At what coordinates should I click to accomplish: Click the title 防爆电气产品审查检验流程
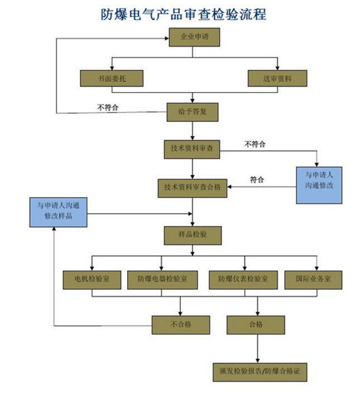(x=183, y=14)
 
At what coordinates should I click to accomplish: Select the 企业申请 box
(x=193, y=37)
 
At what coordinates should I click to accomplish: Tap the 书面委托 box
(x=112, y=78)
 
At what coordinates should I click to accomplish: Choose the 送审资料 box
(x=277, y=78)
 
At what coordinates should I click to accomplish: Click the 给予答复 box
(x=193, y=112)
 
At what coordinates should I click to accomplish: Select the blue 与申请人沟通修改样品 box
(x=58, y=210)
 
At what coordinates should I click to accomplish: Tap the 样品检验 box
(x=193, y=235)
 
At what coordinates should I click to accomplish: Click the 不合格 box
(x=181, y=324)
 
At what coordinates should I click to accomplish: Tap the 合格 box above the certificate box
(x=257, y=324)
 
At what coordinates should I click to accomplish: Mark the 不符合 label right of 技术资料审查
(x=255, y=144)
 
